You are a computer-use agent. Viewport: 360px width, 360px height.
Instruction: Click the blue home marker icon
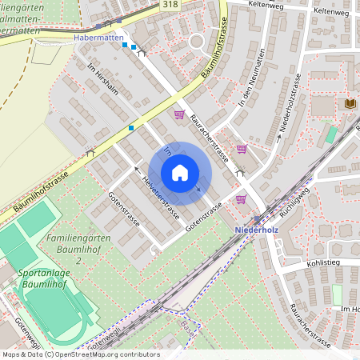pyautogui.click(x=180, y=172)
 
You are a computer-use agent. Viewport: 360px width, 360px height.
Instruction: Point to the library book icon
pyautogui.click(x=350, y=104)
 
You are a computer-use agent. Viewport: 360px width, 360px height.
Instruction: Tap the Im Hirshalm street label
pyautogui.click(x=102, y=78)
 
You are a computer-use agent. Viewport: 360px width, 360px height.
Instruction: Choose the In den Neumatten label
pyautogui.click(x=251, y=80)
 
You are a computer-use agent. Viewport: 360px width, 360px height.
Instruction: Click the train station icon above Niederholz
pyautogui.click(x=256, y=218)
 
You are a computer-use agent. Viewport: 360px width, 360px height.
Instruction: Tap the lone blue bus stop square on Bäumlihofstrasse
pyautogui.click(x=131, y=127)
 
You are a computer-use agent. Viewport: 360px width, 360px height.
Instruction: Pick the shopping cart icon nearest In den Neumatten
pyautogui.click(x=241, y=148)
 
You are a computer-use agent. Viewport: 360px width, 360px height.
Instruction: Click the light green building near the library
pyautogui.click(x=331, y=134)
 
